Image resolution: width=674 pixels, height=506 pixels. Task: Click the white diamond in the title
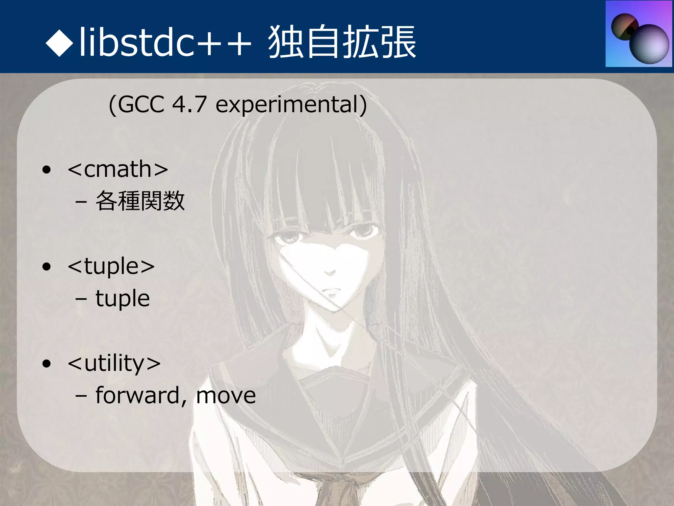[60, 42]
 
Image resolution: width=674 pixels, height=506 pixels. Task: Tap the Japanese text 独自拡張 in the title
[342, 42]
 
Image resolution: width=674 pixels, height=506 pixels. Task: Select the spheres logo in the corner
[638, 34]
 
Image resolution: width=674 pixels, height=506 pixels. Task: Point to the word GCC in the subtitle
[141, 104]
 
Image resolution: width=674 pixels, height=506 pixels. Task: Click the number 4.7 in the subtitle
[189, 104]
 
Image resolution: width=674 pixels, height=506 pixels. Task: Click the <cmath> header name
[118, 169]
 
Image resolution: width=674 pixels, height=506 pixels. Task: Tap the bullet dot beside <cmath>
[47, 170]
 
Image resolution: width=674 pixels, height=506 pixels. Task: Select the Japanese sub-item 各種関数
[140, 201]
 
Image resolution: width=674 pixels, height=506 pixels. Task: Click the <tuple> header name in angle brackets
[111, 266]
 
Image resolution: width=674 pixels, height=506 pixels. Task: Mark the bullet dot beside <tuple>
[47, 267]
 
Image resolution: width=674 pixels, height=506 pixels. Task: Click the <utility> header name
[114, 363]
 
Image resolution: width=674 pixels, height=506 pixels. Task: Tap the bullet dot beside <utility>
[47, 364]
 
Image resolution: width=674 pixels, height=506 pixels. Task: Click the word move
[226, 396]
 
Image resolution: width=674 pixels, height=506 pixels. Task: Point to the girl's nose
[329, 272]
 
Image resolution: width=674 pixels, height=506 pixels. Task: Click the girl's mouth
[332, 291]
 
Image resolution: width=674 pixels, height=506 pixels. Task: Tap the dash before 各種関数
[81, 202]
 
